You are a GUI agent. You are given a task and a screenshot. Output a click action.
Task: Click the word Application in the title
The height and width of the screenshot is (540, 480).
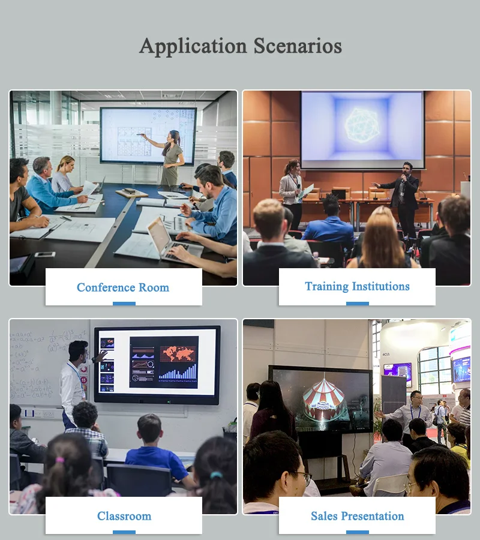click(193, 46)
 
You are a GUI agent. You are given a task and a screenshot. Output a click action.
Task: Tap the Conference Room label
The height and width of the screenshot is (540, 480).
click(123, 287)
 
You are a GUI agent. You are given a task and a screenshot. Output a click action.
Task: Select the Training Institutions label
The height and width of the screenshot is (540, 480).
click(357, 286)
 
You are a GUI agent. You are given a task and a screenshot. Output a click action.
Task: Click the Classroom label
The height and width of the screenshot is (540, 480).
click(124, 516)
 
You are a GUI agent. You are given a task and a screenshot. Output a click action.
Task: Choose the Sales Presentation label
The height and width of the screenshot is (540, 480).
click(357, 516)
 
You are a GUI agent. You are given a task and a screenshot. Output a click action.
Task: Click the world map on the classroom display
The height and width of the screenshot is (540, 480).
click(178, 352)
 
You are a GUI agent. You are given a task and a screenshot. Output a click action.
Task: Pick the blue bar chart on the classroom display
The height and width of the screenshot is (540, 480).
click(178, 373)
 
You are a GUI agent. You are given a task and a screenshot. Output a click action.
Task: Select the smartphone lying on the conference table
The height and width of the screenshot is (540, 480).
click(44, 254)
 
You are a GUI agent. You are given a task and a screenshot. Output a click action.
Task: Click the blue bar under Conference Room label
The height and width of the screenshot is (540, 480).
click(124, 303)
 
